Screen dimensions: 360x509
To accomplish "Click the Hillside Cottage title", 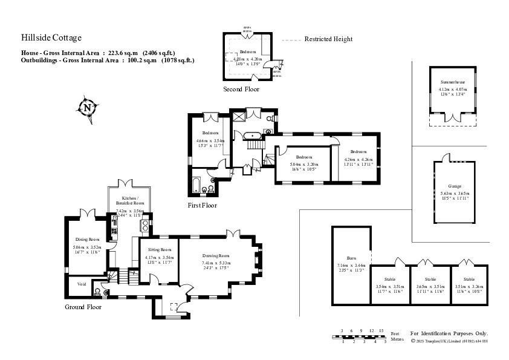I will coord(51,38).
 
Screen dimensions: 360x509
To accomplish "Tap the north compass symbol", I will coord(88,108).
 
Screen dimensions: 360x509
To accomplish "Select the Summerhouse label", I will coord(452,81).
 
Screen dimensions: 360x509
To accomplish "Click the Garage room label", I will coord(455,186).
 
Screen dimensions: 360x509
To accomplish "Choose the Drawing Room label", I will coord(216,255).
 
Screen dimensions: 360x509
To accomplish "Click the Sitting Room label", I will coord(158,249).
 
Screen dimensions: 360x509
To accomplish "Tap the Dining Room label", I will coord(86,240).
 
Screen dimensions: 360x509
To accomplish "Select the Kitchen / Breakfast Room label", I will coord(130,201).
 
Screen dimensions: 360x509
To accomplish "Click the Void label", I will coord(81,284).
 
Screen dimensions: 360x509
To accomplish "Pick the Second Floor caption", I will coord(241,90).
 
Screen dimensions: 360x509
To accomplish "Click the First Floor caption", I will coord(202,206).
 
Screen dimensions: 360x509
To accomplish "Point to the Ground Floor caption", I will coord(83,307).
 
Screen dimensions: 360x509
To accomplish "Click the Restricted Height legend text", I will coord(328,39).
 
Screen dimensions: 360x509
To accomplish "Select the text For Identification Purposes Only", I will coord(449,333).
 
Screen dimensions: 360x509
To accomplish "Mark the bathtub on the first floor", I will coord(196,186).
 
